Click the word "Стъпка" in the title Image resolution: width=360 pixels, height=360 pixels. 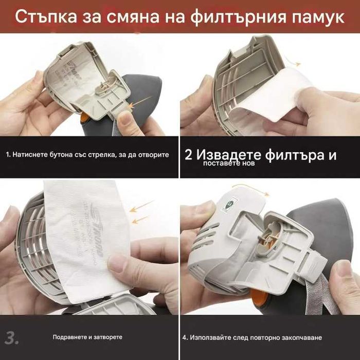46,16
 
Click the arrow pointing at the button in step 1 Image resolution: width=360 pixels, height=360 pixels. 142,102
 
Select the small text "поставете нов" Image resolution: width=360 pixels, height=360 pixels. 225,164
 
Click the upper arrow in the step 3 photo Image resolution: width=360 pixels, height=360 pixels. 141,207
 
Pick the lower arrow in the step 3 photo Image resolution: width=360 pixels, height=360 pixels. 139,220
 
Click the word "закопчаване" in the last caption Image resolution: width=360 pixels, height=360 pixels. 301,337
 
